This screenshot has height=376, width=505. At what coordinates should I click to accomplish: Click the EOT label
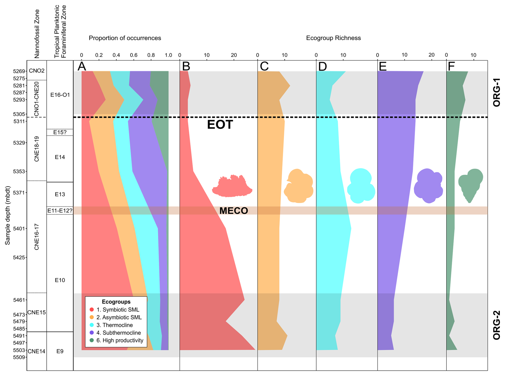[x=220, y=125]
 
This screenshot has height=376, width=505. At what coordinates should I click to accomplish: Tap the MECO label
[x=234, y=211]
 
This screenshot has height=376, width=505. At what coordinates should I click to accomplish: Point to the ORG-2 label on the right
[x=496, y=325]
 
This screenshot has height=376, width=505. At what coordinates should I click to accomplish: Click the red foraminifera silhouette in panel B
[x=232, y=186]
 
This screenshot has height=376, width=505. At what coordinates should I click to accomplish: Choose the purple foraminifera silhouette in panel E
[x=428, y=186]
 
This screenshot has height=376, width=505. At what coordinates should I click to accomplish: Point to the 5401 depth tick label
[x=19, y=229]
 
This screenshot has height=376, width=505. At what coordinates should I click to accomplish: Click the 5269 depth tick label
[x=19, y=71]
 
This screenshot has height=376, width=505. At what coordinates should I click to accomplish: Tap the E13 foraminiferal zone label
[x=60, y=194]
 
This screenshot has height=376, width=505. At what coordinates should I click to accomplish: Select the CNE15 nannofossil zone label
[x=37, y=312]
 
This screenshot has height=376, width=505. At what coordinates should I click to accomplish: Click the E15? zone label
[x=60, y=132]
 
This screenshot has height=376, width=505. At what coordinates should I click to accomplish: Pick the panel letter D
[x=322, y=66]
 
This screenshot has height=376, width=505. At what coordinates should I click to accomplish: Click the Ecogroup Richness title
[x=333, y=38]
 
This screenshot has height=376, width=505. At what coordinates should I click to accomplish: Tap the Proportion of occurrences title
[x=125, y=38]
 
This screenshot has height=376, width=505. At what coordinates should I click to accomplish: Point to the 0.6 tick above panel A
[x=133, y=55]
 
